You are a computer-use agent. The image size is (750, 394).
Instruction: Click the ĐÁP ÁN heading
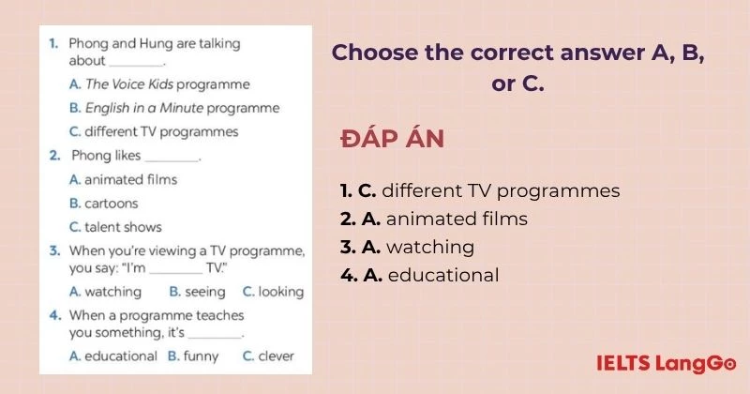point(392,138)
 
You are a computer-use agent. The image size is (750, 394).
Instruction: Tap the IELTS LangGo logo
point(666,363)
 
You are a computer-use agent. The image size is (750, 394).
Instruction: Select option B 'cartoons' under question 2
point(103,204)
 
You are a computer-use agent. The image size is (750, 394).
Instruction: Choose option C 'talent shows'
point(115,227)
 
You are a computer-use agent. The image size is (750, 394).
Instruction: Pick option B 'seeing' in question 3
point(197,292)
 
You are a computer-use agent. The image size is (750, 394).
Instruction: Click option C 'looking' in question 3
point(273,292)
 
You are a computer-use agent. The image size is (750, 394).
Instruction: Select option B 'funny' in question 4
point(193,356)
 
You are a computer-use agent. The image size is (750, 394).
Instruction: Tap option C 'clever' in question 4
point(268,356)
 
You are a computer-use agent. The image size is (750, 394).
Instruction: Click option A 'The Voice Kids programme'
point(159,84)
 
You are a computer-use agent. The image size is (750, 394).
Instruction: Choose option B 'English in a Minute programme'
point(174,108)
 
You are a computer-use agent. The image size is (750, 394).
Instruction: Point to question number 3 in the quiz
point(54,250)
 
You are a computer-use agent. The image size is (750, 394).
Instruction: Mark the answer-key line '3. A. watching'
point(408,247)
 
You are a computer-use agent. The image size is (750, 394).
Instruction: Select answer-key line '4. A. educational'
point(420,275)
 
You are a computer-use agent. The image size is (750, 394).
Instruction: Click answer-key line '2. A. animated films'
point(434,219)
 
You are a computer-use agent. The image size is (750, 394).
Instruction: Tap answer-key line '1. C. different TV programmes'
point(480,191)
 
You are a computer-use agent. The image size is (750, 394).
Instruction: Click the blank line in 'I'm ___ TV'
point(176,272)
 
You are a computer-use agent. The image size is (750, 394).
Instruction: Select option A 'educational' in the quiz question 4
point(112,356)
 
